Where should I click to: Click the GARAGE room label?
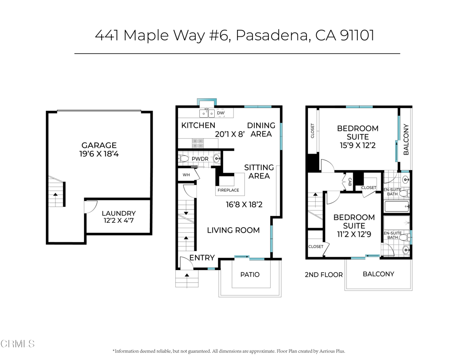point(99,145)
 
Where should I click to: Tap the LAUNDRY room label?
point(118,213)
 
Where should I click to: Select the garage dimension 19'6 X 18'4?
point(99,154)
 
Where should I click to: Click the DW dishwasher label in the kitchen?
point(220,113)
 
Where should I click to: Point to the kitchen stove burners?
point(198,143)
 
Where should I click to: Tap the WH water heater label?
point(186,175)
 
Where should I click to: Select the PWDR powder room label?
point(200,159)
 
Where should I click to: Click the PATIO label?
point(250,275)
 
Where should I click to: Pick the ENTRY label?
point(202,258)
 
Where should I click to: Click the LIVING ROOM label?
point(233,230)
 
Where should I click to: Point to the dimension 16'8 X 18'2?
point(244,205)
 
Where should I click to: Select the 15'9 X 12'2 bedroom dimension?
point(357,146)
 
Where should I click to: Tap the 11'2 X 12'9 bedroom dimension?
point(354,235)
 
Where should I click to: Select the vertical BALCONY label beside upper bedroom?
point(406,140)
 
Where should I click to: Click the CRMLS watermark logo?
point(18,344)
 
